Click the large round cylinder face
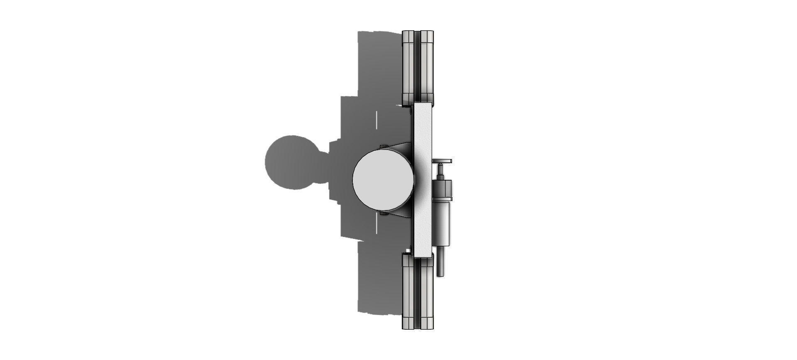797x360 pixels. click(x=383, y=179)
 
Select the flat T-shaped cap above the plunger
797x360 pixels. click(x=442, y=161)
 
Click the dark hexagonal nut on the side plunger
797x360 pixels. click(x=442, y=189)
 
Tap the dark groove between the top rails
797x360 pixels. click(x=418, y=66)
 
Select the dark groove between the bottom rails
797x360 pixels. click(x=418, y=291)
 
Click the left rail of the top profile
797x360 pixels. click(x=408, y=66)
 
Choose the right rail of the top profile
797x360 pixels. click(x=427, y=66)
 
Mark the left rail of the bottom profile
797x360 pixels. click(x=408, y=291)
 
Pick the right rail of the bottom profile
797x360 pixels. click(x=427, y=291)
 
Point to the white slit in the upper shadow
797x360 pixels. click(x=376, y=120)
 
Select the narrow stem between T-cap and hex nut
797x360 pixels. click(x=440, y=171)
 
